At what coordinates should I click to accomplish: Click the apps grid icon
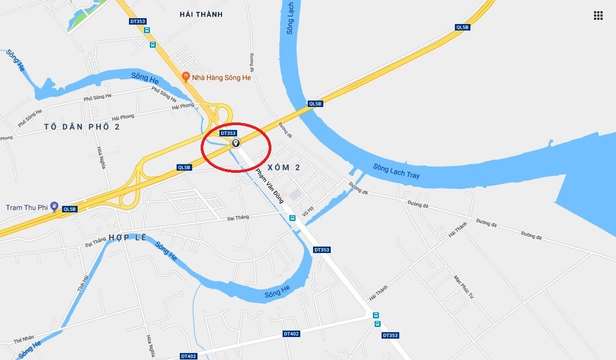tap(598, 16)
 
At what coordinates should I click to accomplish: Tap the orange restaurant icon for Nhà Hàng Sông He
tap(186, 77)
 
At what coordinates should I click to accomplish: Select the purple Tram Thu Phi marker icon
tap(54, 207)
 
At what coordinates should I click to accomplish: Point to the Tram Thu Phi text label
tap(27, 207)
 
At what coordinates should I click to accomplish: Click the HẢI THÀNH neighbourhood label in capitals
tap(201, 14)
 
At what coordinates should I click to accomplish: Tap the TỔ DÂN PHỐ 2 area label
tap(81, 127)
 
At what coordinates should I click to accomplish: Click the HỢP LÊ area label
tap(127, 237)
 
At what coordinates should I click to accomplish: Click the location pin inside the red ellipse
tap(235, 143)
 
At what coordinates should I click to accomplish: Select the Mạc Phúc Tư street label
tap(463, 287)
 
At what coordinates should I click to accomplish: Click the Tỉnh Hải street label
tap(82, 280)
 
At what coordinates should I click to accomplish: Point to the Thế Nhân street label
tap(24, 339)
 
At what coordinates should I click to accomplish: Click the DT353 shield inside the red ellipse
tap(228, 133)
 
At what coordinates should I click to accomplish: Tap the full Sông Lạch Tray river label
tap(397, 172)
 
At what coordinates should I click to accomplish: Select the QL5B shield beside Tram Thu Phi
tap(70, 209)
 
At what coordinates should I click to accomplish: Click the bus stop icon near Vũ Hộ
tap(292, 218)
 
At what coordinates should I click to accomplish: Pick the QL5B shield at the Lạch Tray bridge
tap(315, 104)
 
